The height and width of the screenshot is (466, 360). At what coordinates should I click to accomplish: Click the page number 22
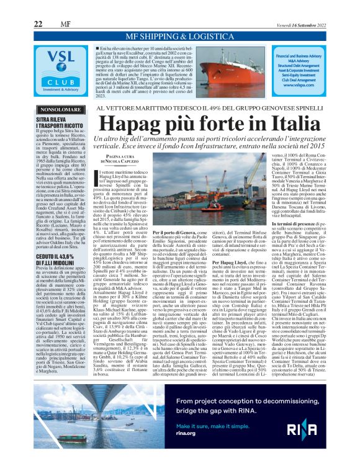38,24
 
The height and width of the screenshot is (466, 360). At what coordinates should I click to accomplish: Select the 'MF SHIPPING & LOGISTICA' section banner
179,36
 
